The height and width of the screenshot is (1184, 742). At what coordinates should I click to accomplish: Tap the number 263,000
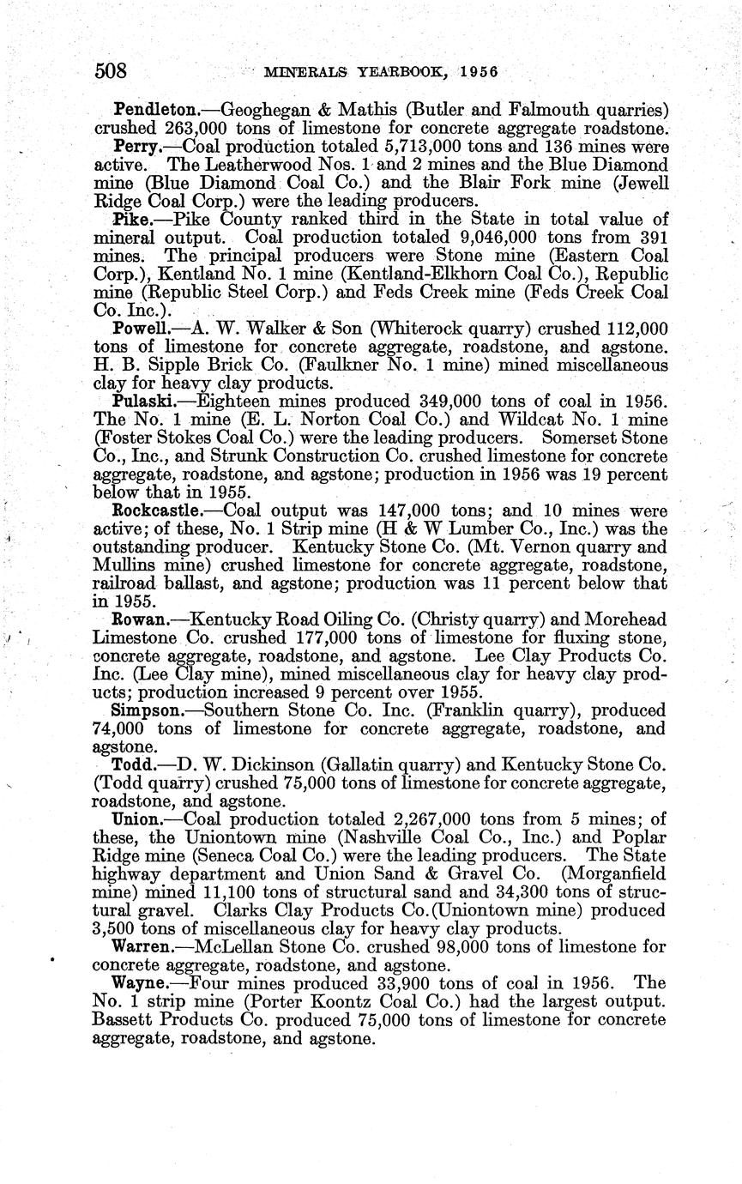(x=190, y=129)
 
